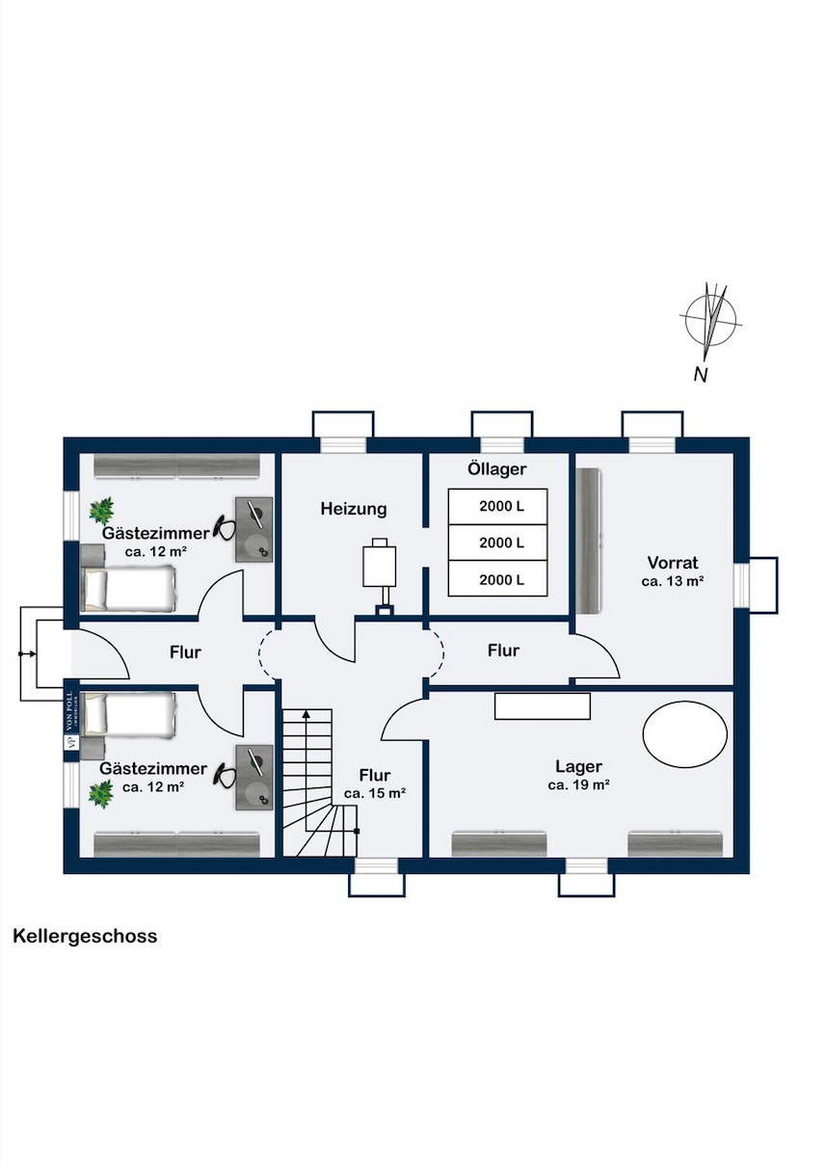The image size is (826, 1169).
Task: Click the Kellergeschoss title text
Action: click(85, 936)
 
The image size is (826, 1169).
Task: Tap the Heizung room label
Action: click(354, 508)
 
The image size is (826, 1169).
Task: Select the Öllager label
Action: click(496, 468)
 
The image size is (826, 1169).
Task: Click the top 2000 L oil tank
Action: click(497, 507)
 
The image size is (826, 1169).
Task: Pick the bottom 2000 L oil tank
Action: click(497, 579)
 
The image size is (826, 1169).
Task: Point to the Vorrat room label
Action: click(673, 563)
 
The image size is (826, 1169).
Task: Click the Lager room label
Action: click(578, 766)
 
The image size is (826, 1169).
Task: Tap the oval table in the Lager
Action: click(684, 733)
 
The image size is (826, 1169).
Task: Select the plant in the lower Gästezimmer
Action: click(101, 794)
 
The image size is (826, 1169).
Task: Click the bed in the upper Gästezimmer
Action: click(129, 588)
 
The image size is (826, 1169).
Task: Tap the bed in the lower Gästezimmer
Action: click(129, 716)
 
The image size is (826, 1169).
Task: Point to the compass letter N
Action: click(701, 375)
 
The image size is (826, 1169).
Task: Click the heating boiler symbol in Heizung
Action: click(380, 573)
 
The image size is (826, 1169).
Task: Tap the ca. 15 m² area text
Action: click(375, 793)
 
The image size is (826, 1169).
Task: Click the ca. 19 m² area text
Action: click(579, 784)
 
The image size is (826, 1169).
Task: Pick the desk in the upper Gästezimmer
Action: click(253, 529)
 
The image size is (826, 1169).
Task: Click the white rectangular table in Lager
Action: click(542, 706)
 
